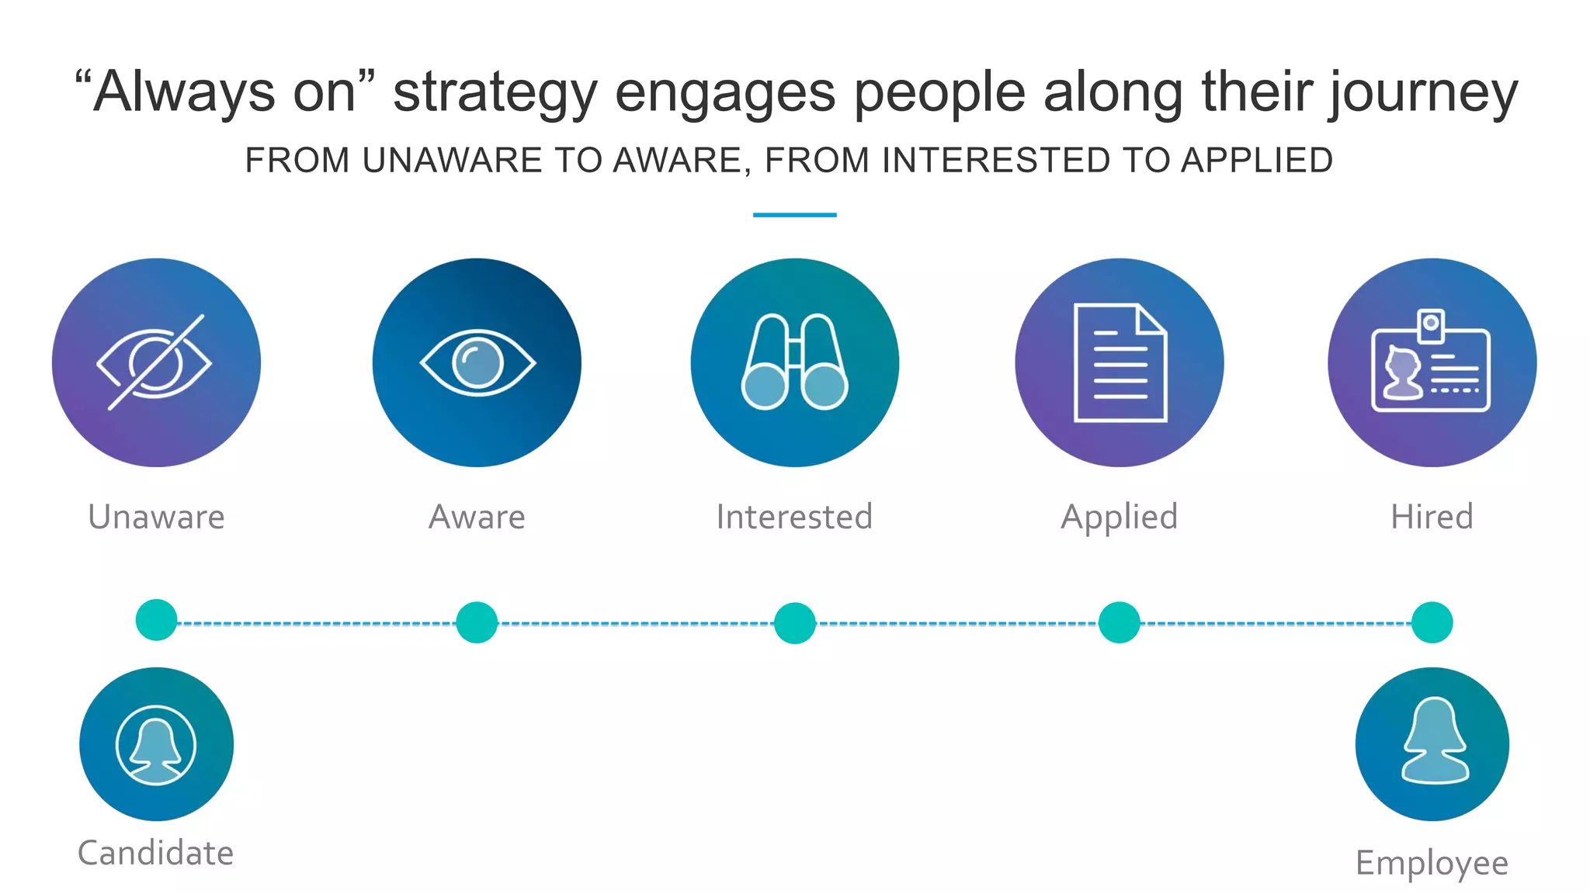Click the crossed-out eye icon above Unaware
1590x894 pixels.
coord(156,362)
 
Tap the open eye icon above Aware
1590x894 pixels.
coord(477,362)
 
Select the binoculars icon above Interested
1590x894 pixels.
coord(794,362)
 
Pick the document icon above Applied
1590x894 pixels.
coord(1120,362)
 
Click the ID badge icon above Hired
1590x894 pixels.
coord(1432,362)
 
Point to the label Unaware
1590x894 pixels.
coord(156,517)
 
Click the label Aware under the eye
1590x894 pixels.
coord(477,517)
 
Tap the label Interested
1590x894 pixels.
coord(794,517)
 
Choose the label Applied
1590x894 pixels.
coord(1120,517)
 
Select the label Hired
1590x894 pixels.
coord(1432,517)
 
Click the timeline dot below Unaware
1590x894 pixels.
coord(156,620)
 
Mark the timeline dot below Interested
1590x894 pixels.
coord(794,622)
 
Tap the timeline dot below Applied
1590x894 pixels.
coord(1120,622)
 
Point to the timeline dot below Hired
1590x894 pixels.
coord(1432,622)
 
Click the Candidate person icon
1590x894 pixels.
coord(156,744)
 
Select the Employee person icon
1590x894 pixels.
coord(1432,744)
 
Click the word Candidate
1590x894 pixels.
coord(156,853)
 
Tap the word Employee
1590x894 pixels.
coord(1432,863)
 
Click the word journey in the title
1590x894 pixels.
coord(1424,93)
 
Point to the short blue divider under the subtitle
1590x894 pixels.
coord(794,215)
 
